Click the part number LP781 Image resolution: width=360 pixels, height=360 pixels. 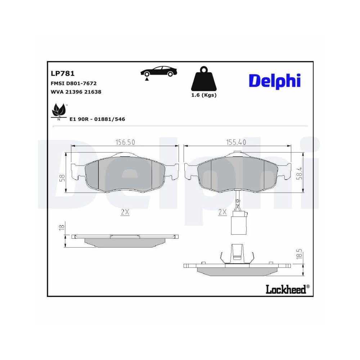click(63, 74)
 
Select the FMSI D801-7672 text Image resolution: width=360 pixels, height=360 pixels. click(74, 83)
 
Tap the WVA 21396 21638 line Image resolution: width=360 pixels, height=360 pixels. click(76, 92)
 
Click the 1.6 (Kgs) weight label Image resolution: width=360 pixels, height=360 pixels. click(204, 95)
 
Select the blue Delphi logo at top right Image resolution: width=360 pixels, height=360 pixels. click(274, 81)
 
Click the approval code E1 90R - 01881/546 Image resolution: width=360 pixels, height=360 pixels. click(97, 119)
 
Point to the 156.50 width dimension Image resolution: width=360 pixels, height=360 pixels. click(125, 142)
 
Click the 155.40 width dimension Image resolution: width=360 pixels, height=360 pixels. click(236, 142)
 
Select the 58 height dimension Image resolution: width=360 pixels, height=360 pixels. click(62, 177)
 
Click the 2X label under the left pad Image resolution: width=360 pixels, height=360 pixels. click(125, 212)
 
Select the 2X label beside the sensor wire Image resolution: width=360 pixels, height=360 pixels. click(222, 212)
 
